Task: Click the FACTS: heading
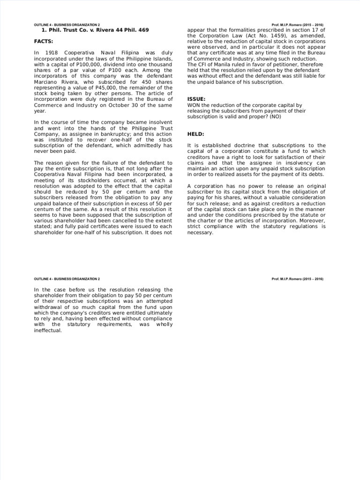point(44,41)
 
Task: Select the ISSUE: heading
point(196,99)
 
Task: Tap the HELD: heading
point(195,134)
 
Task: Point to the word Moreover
point(313,220)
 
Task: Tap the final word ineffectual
point(48,330)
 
